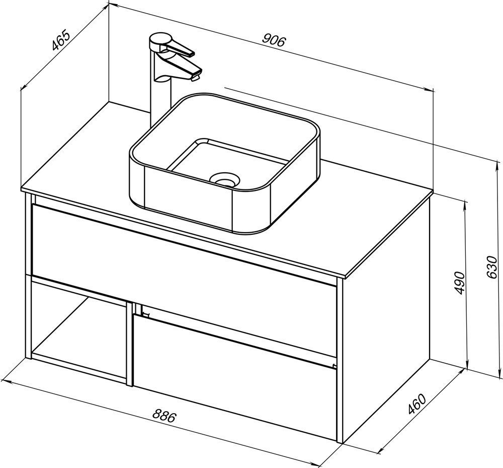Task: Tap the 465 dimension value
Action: [x=61, y=40]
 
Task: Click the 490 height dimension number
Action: [x=460, y=283]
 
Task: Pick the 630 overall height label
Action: [x=492, y=267]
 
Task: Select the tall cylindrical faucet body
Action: [x=160, y=96]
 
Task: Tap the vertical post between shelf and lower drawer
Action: [x=130, y=344]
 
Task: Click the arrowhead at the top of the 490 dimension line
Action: [x=465, y=204]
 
